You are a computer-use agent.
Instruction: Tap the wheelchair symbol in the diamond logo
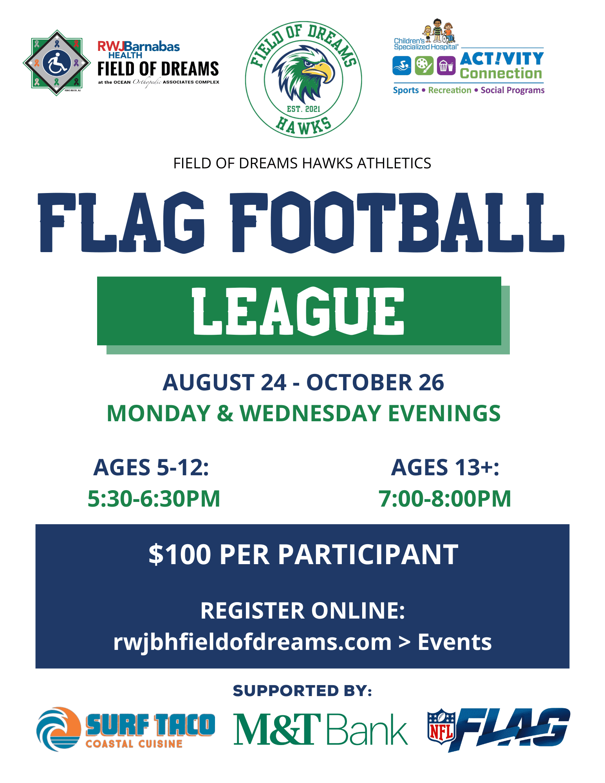tap(57, 63)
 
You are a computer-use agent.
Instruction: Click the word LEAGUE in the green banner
tap(298, 311)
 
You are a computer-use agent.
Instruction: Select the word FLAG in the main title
tap(121, 223)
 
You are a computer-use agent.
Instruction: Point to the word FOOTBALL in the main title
tap(397, 223)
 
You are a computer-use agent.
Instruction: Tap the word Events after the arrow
tap(455, 642)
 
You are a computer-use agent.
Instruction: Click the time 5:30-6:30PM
tap(154, 499)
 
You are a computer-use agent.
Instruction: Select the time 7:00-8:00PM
tap(445, 499)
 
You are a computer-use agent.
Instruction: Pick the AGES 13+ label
tap(445, 467)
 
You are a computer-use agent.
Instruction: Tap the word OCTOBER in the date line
tap(359, 382)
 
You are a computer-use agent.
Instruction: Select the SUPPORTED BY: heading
tap(302, 691)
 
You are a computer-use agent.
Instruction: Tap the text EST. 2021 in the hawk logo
tap(303, 109)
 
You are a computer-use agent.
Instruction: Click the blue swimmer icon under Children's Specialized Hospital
tap(402, 65)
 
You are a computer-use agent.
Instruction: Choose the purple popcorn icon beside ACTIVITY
tap(446, 65)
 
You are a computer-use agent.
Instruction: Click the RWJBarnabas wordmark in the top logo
tap(139, 47)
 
